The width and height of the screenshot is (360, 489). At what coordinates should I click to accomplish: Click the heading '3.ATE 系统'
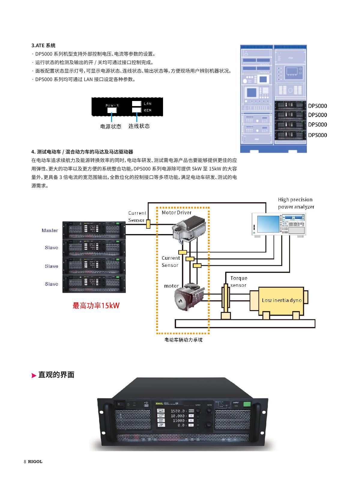[43, 46]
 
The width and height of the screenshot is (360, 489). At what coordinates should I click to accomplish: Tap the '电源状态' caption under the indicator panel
[111, 127]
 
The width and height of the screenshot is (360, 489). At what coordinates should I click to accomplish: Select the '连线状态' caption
[139, 126]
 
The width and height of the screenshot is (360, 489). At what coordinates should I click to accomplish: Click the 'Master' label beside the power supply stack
[50, 231]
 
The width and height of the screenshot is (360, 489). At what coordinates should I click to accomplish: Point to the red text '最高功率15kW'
[96, 306]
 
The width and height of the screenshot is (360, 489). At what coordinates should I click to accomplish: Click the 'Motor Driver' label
[177, 212]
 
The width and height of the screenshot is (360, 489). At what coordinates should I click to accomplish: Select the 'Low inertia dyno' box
[282, 300]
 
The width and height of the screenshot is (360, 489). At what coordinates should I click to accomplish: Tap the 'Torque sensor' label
[239, 282]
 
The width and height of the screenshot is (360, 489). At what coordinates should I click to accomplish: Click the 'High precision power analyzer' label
[296, 203]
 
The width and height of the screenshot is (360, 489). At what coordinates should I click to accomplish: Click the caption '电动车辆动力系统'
[183, 340]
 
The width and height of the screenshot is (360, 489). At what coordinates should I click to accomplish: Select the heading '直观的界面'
[56, 375]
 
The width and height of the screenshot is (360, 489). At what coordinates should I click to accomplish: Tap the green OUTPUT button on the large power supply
[247, 404]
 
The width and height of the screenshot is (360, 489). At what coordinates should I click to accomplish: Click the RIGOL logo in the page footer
[35, 462]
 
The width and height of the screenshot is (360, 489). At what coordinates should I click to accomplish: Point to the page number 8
[25, 462]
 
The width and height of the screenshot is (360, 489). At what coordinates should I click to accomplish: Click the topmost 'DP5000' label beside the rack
[317, 106]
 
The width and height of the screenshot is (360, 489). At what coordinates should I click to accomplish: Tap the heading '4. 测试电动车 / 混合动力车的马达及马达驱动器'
[82, 152]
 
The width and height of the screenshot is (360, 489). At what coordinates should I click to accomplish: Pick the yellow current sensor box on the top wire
[148, 224]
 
